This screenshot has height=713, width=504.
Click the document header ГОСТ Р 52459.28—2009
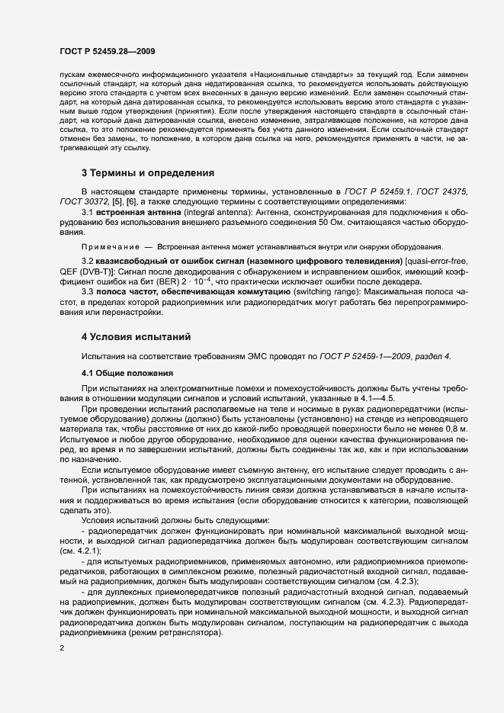point(108,51)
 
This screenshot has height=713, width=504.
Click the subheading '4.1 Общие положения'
point(128,373)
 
